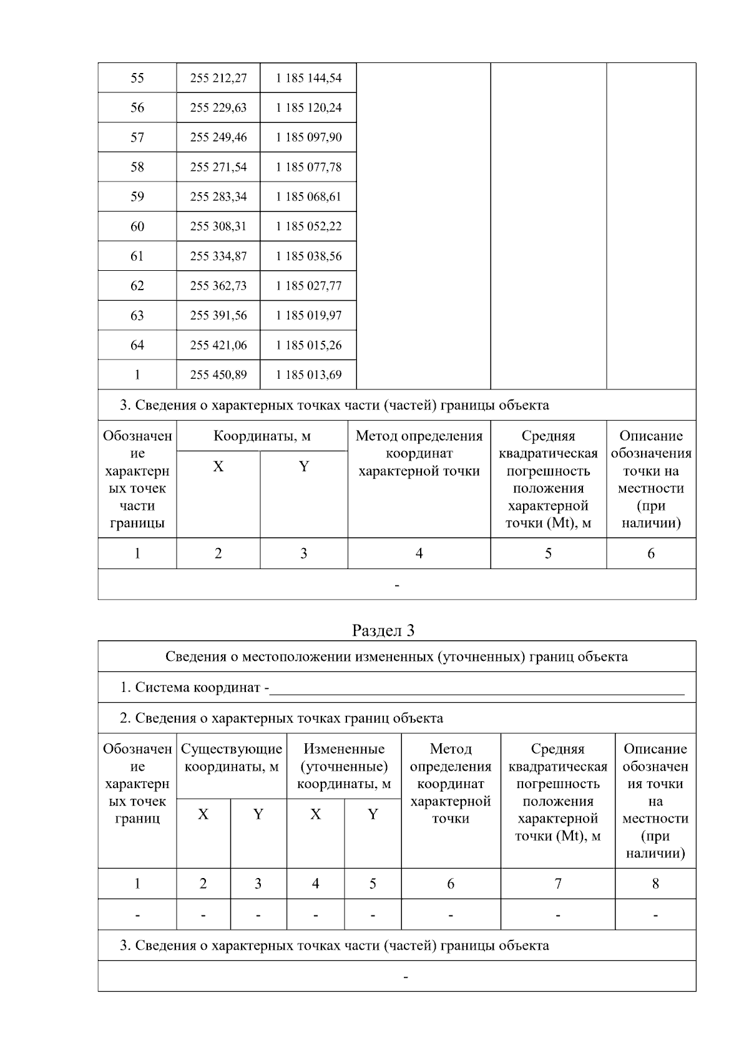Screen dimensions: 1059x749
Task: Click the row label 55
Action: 137,78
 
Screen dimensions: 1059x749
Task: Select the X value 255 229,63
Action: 218,108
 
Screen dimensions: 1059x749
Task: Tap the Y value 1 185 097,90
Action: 308,137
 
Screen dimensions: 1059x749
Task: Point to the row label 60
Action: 137,227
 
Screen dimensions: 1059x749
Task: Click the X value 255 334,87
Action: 218,256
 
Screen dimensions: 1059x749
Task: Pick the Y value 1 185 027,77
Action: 308,286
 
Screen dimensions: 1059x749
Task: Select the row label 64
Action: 137,345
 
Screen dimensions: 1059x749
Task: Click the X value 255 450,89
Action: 218,375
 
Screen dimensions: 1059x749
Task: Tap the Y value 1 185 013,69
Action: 308,375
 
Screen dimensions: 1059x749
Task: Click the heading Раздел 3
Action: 383,630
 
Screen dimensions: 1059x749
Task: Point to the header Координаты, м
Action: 262,436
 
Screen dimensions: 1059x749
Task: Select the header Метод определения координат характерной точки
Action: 419,454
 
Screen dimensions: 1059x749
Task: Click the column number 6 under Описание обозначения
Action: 651,554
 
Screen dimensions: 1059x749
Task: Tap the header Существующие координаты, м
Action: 232,758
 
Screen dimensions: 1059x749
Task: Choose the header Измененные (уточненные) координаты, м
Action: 344,766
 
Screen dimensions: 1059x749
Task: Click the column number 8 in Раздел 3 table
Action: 655,884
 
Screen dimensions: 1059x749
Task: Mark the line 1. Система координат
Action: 193,688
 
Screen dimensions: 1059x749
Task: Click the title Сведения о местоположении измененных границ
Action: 396,656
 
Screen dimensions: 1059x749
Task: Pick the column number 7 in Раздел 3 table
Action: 557,884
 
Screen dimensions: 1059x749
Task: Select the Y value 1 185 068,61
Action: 308,197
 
